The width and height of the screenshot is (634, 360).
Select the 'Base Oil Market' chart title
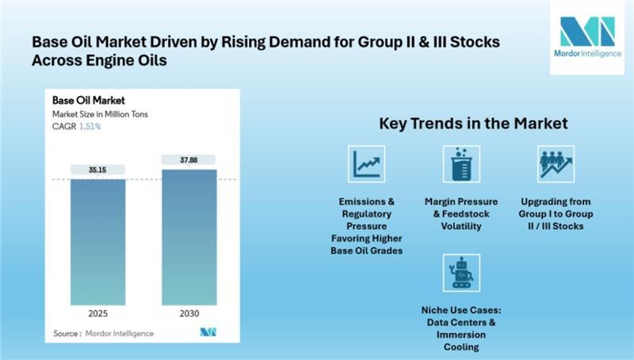[x=86, y=101]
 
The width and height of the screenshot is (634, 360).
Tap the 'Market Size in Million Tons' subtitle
[x=100, y=113]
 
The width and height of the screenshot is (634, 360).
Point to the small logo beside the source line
[x=208, y=332]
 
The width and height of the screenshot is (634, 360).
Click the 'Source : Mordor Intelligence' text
[x=103, y=333]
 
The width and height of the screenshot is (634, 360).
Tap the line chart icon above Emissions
[x=366, y=163]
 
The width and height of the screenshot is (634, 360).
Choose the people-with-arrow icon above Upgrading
[x=556, y=163]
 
